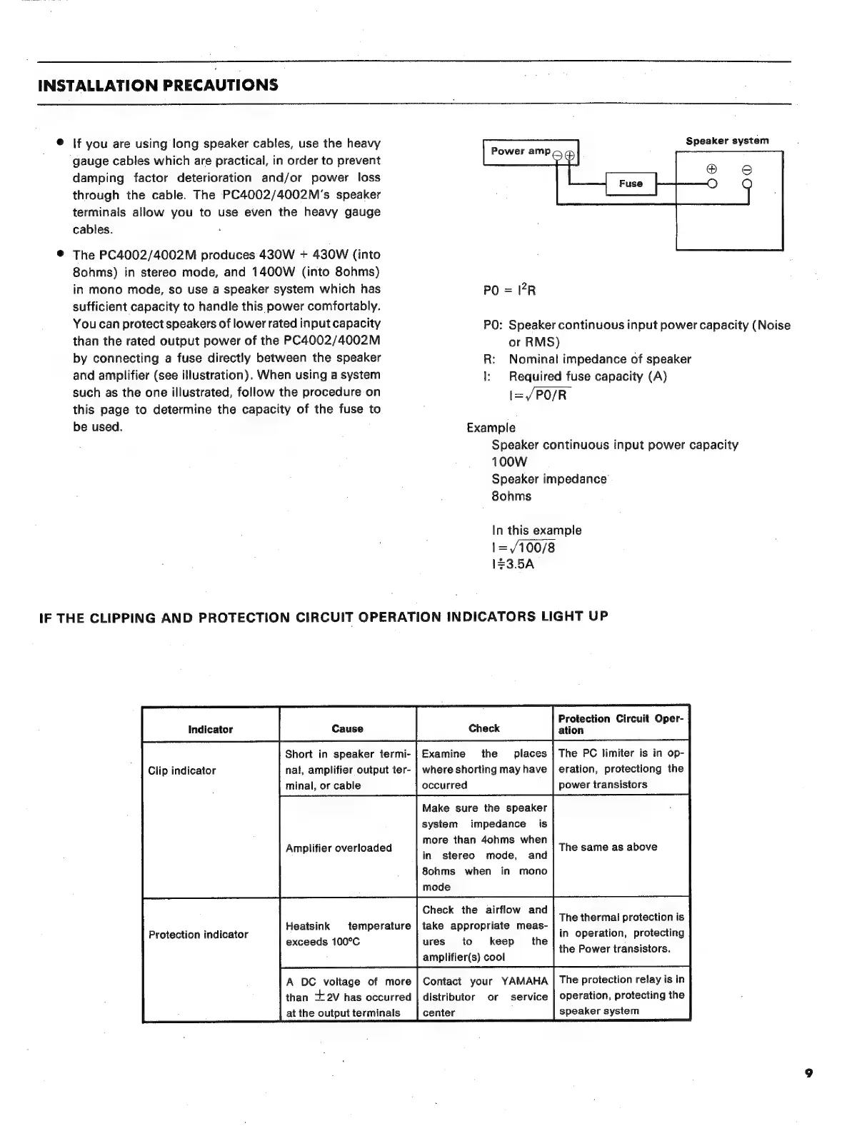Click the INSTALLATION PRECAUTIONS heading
tap(158, 86)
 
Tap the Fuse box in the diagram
tap(631, 184)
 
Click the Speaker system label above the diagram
tap(727, 141)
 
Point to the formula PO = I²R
tap(510, 290)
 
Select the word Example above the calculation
tap(491, 428)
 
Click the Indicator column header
tap(210, 729)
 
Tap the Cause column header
tap(347, 729)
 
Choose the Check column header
tap(483, 728)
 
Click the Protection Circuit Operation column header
tap(620, 724)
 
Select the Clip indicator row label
tap(181, 770)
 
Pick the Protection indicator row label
tap(198, 934)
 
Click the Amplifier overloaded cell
tap(339, 848)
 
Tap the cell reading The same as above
tap(608, 847)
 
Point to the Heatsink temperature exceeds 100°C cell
tap(348, 934)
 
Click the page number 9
tap(808, 1072)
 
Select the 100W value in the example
tap(509, 462)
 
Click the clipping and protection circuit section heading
tap(323, 617)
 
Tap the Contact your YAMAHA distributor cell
tap(484, 997)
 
